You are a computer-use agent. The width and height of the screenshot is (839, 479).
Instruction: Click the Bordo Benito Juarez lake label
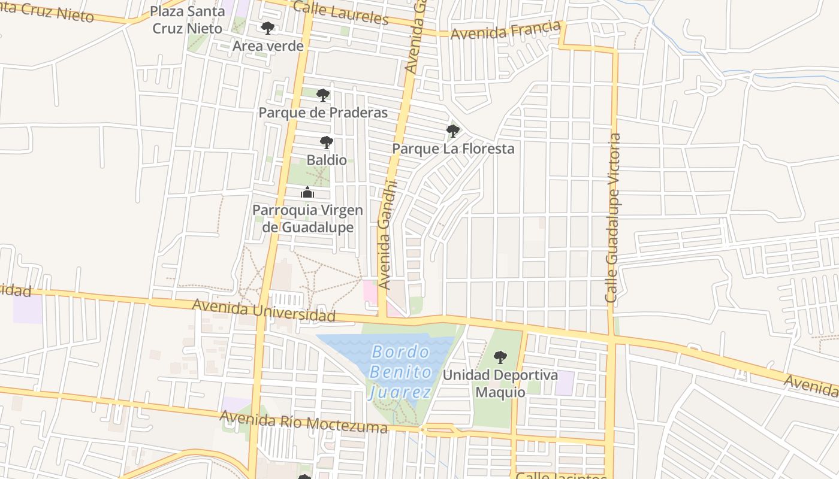[x=400, y=372]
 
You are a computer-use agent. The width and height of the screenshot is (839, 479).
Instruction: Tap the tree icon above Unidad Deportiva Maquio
[x=500, y=357]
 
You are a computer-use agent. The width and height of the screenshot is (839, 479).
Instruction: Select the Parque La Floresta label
[x=453, y=148]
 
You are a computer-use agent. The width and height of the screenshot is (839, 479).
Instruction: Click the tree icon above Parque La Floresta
[x=453, y=131]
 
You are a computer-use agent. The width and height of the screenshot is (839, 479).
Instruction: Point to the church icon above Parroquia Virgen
[x=307, y=192]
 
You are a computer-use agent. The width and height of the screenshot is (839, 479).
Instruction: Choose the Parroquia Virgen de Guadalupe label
[x=307, y=219]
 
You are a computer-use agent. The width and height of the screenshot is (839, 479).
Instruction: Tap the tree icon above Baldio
[x=327, y=143]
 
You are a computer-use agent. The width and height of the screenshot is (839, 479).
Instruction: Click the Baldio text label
[x=327, y=160]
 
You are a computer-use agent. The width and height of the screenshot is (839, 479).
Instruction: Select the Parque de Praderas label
[x=323, y=113]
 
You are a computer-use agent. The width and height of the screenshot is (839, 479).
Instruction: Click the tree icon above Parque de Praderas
[x=323, y=95]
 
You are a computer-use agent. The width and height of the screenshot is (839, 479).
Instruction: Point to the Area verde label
[x=268, y=46]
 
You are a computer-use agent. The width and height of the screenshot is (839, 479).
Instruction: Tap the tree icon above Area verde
[x=268, y=28]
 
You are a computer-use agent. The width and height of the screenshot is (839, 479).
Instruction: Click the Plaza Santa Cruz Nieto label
[x=187, y=20]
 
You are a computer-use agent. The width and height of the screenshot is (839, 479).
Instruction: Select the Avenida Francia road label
[x=506, y=31]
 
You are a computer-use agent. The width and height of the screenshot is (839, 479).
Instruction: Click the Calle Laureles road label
[x=341, y=13]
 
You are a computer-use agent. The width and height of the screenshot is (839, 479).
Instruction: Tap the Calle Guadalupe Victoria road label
[x=613, y=218]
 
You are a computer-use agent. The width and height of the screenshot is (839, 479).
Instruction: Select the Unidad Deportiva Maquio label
[x=500, y=384]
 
